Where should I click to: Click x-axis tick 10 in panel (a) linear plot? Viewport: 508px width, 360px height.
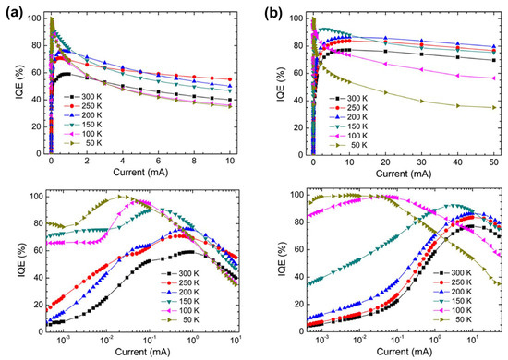click(x=228, y=163)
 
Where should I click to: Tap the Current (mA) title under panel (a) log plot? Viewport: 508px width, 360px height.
click(x=139, y=354)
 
